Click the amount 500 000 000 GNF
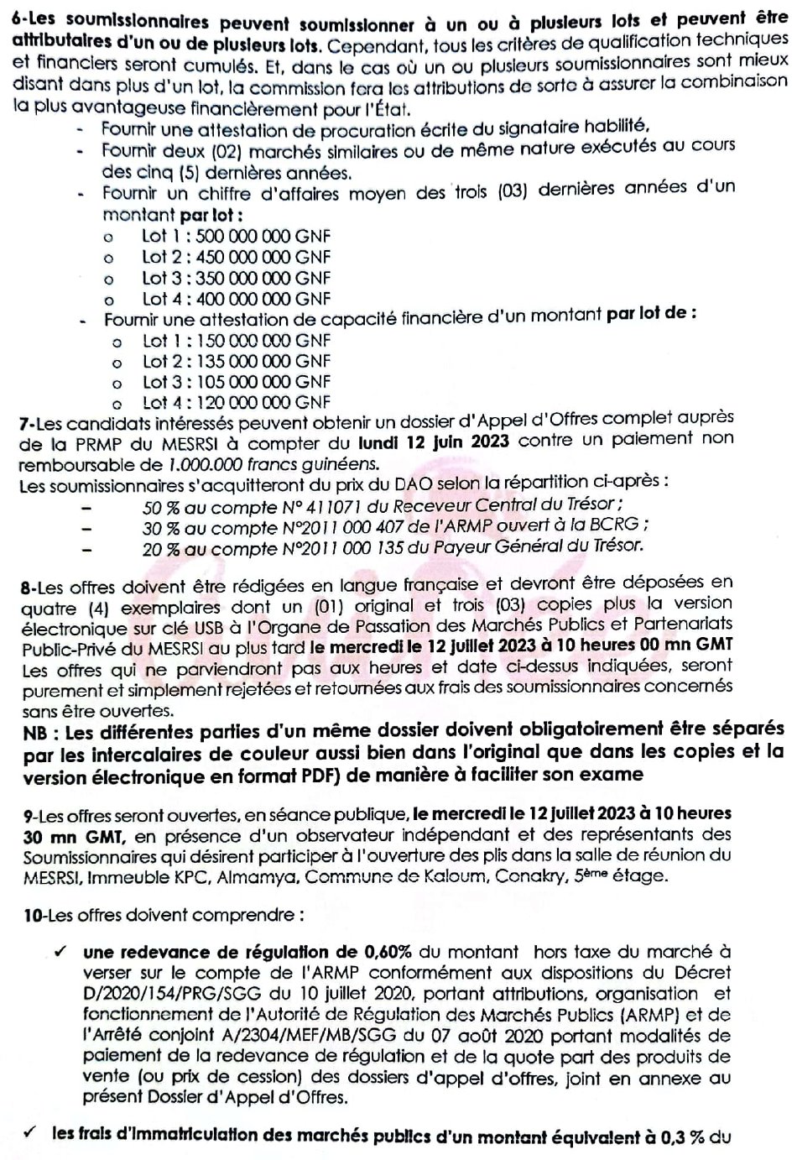coord(263,237)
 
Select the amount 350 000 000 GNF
coord(263,278)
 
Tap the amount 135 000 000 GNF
coord(263,361)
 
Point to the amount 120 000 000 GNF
coord(263,402)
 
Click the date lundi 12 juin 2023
coord(433,442)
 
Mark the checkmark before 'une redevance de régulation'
coord(60,952)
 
